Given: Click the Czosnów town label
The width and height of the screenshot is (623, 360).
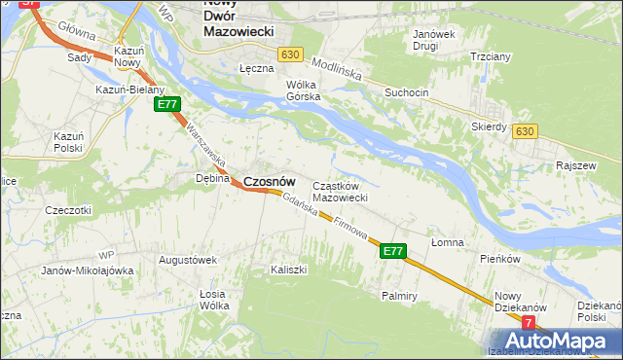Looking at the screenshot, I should coord(269,181).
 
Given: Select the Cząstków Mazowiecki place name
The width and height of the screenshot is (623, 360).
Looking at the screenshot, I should coord(339,192).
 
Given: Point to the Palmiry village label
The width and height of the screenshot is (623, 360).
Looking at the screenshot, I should coord(400,294).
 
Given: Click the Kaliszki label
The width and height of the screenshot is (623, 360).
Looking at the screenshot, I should coord(289,268).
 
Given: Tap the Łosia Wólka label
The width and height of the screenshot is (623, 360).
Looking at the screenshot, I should coord(213,300).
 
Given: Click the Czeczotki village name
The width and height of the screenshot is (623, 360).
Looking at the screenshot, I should coord(68,210).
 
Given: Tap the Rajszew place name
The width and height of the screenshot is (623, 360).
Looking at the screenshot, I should coord(575,165).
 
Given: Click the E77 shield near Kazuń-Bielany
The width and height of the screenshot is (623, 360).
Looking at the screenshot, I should coord(167,104).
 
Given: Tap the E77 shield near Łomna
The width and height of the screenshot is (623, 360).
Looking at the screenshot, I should coord(392,251).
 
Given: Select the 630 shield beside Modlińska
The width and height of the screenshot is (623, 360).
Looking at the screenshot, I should coord(287,55).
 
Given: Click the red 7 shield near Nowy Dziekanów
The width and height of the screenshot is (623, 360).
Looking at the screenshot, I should coord(529,322).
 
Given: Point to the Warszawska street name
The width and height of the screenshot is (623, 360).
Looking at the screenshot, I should coord(206,142).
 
